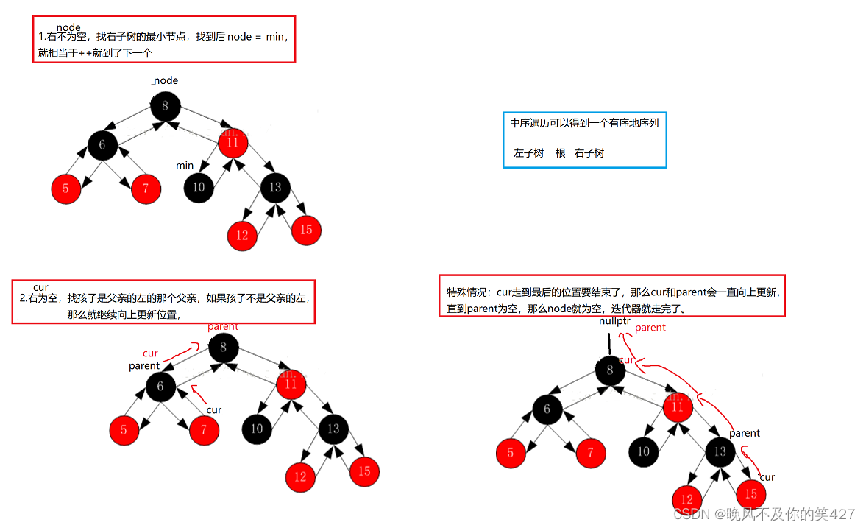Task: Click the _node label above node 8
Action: pos(165,80)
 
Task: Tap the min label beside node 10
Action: pos(185,166)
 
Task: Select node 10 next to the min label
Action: pos(199,187)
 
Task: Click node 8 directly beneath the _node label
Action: pos(165,106)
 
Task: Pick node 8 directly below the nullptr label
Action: pos(609,370)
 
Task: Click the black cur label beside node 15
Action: pos(767,477)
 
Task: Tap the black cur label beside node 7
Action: pos(213,410)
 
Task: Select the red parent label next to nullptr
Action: pos(650,328)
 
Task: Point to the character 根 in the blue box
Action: pos(560,153)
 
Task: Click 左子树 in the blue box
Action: pos(528,153)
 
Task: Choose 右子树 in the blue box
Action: pos(589,153)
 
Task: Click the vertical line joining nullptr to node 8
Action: pos(609,343)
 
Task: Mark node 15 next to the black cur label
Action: pos(751,493)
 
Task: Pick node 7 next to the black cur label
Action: pos(204,431)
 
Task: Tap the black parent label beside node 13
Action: pos(745,433)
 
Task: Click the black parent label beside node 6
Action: pos(144,366)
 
